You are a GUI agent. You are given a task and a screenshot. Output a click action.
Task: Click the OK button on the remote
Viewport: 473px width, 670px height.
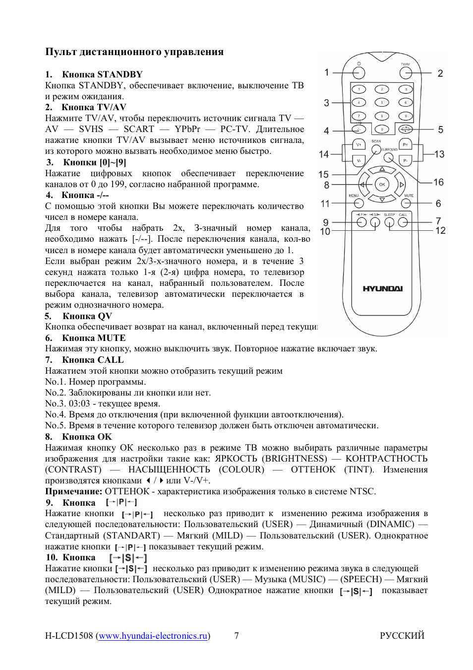pyautogui.click(x=382, y=184)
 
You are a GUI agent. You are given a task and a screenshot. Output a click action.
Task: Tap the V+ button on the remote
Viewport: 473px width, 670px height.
pyautogui.click(x=358, y=144)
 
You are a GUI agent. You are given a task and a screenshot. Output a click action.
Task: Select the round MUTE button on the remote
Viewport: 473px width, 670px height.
pyautogui.click(x=408, y=203)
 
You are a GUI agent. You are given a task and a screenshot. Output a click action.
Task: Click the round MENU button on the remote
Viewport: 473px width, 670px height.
pyautogui.click(x=358, y=203)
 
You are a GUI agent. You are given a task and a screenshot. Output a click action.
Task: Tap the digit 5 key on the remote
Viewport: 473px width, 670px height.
pyautogui.click(x=382, y=102)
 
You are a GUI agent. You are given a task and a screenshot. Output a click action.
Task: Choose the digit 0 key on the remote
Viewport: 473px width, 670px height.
pyautogui.click(x=382, y=129)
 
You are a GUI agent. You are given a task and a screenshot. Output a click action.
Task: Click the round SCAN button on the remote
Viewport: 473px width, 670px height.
pyautogui.click(x=376, y=149)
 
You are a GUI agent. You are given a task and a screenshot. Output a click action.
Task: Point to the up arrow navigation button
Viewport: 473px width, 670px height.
pyautogui.click(x=382, y=170)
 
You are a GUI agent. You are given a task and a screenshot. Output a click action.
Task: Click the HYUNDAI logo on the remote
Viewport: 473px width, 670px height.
pyautogui.click(x=382, y=288)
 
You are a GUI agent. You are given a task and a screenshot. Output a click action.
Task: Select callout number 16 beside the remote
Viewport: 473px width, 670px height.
pyautogui.click(x=438, y=182)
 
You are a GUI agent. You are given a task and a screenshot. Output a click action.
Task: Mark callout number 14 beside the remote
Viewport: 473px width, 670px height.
pyautogui.click(x=324, y=154)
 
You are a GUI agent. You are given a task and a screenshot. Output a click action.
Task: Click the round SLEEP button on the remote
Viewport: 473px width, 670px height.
pyautogui.click(x=390, y=222)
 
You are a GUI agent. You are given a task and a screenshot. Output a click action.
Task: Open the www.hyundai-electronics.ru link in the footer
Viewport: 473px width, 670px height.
pyautogui.click(x=153, y=636)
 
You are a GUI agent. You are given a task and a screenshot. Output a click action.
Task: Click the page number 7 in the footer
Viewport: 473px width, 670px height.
pyautogui.click(x=236, y=636)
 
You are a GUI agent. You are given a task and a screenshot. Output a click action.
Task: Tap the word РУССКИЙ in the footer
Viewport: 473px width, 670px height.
pyautogui.click(x=402, y=636)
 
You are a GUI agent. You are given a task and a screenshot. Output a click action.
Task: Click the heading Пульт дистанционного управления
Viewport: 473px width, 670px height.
pyautogui.click(x=134, y=52)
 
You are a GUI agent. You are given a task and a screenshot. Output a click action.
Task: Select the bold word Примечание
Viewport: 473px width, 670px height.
pyautogui.click(x=73, y=491)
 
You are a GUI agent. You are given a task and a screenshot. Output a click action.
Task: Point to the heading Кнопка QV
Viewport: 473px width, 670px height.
pyautogui.click(x=87, y=316)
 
